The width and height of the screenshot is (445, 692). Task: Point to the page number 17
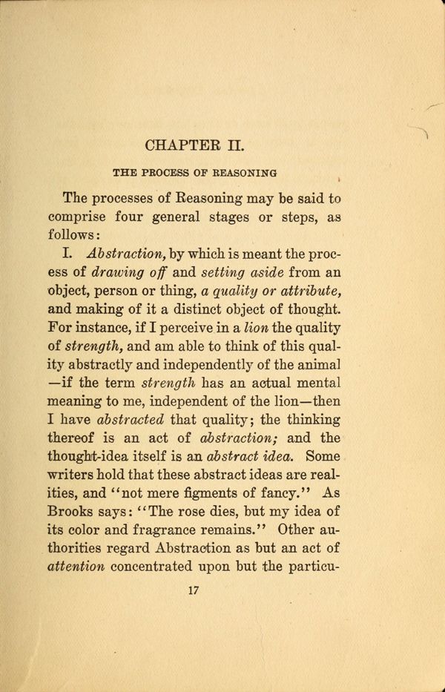[195, 590]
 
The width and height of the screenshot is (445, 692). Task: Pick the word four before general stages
[151, 219]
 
